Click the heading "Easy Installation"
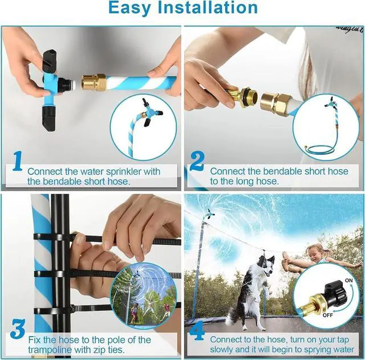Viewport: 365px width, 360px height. click(x=182, y=8)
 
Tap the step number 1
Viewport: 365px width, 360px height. click(x=17, y=161)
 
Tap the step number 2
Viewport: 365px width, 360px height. click(x=196, y=161)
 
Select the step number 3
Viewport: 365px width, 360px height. click(x=17, y=331)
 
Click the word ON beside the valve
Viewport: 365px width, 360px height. click(x=348, y=280)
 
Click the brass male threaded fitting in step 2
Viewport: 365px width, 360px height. click(x=242, y=96)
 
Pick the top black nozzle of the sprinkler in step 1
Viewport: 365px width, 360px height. click(x=50, y=59)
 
